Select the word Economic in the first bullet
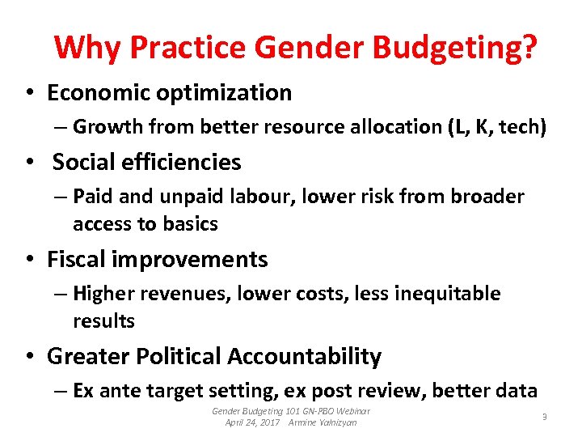[97, 93]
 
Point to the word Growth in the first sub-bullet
[101, 127]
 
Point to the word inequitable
[447, 294]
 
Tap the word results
[103, 321]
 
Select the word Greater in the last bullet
[85, 356]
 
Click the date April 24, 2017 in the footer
[252, 422]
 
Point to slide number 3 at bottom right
[544, 417]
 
